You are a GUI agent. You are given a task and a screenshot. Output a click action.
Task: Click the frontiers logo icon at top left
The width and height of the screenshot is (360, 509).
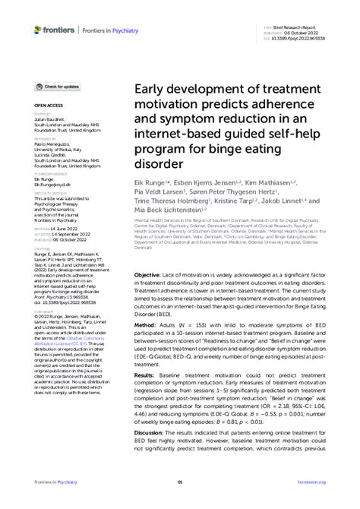38,30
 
